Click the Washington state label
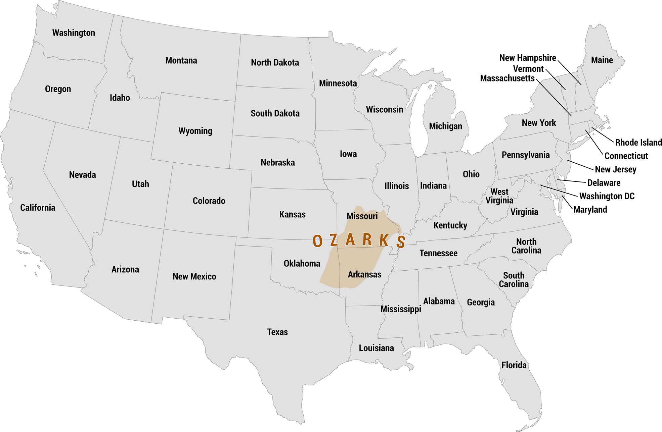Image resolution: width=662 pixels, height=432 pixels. pyautogui.click(x=74, y=33)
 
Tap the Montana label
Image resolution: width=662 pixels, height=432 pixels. pyautogui.click(x=181, y=60)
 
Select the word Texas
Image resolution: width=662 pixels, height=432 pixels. pyautogui.click(x=277, y=332)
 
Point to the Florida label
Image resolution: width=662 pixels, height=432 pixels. pyautogui.click(x=514, y=365)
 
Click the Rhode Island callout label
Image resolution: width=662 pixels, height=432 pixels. pyautogui.click(x=638, y=143)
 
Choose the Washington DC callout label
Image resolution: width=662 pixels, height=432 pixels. pyautogui.click(x=607, y=196)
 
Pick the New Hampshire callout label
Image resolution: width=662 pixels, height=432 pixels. pyautogui.click(x=527, y=58)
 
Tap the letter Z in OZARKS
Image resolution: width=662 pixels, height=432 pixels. pyautogui.click(x=334, y=240)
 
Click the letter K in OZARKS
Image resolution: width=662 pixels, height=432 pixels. pyautogui.click(x=384, y=240)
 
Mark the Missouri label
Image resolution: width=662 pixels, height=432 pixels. pyautogui.click(x=362, y=216)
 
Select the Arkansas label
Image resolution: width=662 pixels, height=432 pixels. pyautogui.click(x=364, y=274)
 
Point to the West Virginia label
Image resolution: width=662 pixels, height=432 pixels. pyautogui.click(x=499, y=196)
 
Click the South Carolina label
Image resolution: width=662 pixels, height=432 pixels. pyautogui.click(x=514, y=280)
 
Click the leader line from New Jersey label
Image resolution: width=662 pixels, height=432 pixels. pyautogui.click(x=580, y=165)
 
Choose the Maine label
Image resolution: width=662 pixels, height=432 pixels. pyautogui.click(x=602, y=60)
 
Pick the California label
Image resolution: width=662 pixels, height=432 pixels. pyautogui.click(x=38, y=208)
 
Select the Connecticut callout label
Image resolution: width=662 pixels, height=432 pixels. pyautogui.click(x=626, y=156)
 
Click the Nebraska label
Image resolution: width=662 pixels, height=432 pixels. pyautogui.click(x=277, y=163)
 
